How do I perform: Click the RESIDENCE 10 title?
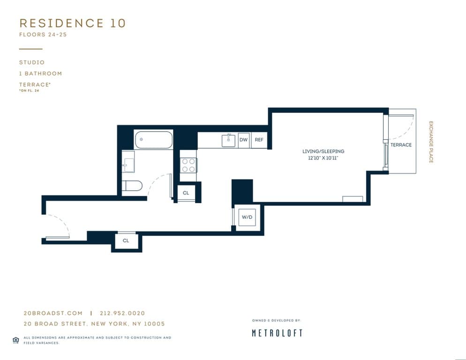point(73,23)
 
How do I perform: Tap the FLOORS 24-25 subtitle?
point(43,35)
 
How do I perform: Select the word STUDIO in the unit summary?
point(32,62)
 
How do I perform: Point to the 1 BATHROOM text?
point(41,74)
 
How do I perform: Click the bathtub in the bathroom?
point(154,140)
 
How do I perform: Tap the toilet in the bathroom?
point(132,186)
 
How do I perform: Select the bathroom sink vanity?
point(128,162)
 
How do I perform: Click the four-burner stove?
point(188,165)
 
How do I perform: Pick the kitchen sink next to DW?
point(228,140)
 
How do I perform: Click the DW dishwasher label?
point(243,140)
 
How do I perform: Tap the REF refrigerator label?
point(259,140)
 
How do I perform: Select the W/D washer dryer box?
point(247,217)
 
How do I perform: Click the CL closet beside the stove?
point(186,193)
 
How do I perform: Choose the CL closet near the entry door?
point(126,241)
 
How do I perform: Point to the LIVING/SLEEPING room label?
point(323,151)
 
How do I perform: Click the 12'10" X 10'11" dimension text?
point(323,158)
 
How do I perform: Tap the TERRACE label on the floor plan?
point(401,145)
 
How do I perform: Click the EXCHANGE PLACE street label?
point(431,142)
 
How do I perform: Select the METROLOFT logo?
point(277,333)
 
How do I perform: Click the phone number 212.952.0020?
point(122,313)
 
